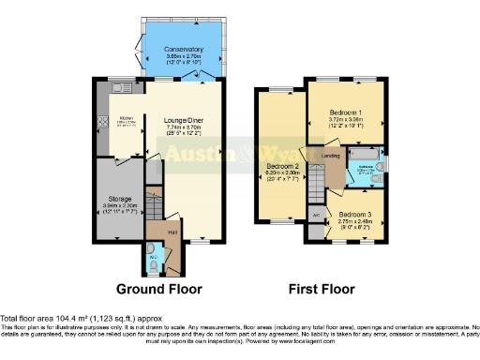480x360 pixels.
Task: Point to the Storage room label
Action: pyautogui.click(x=118, y=197)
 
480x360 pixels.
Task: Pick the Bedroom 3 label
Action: pyautogui.click(x=355, y=214)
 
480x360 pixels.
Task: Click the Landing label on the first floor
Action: pyautogui.click(x=331, y=156)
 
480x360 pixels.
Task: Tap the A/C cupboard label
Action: pyautogui.click(x=315, y=213)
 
